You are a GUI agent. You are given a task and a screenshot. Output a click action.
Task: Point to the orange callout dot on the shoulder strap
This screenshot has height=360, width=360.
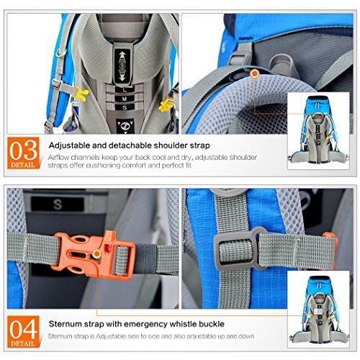pyautogui.click(x=254, y=73)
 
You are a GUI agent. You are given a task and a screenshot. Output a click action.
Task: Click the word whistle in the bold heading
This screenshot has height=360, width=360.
pyautogui.click(x=168, y=323)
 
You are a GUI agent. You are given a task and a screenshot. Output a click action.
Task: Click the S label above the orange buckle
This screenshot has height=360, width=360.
pyautogui.click(x=58, y=204)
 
